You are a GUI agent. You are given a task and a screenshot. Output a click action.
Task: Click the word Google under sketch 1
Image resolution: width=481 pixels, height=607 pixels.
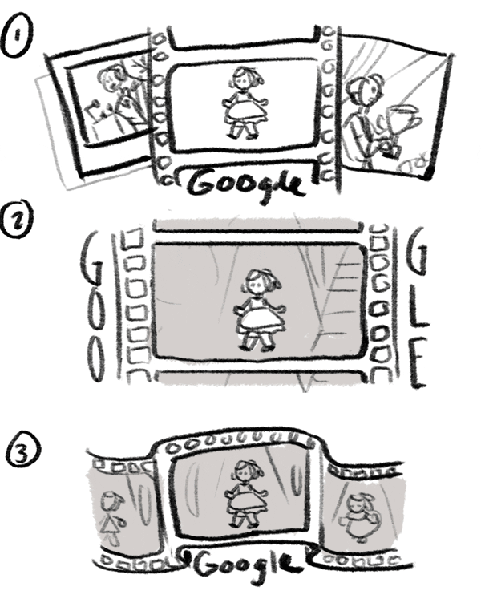[246, 185]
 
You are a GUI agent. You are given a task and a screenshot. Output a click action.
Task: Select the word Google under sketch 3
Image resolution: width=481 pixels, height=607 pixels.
[243, 565]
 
